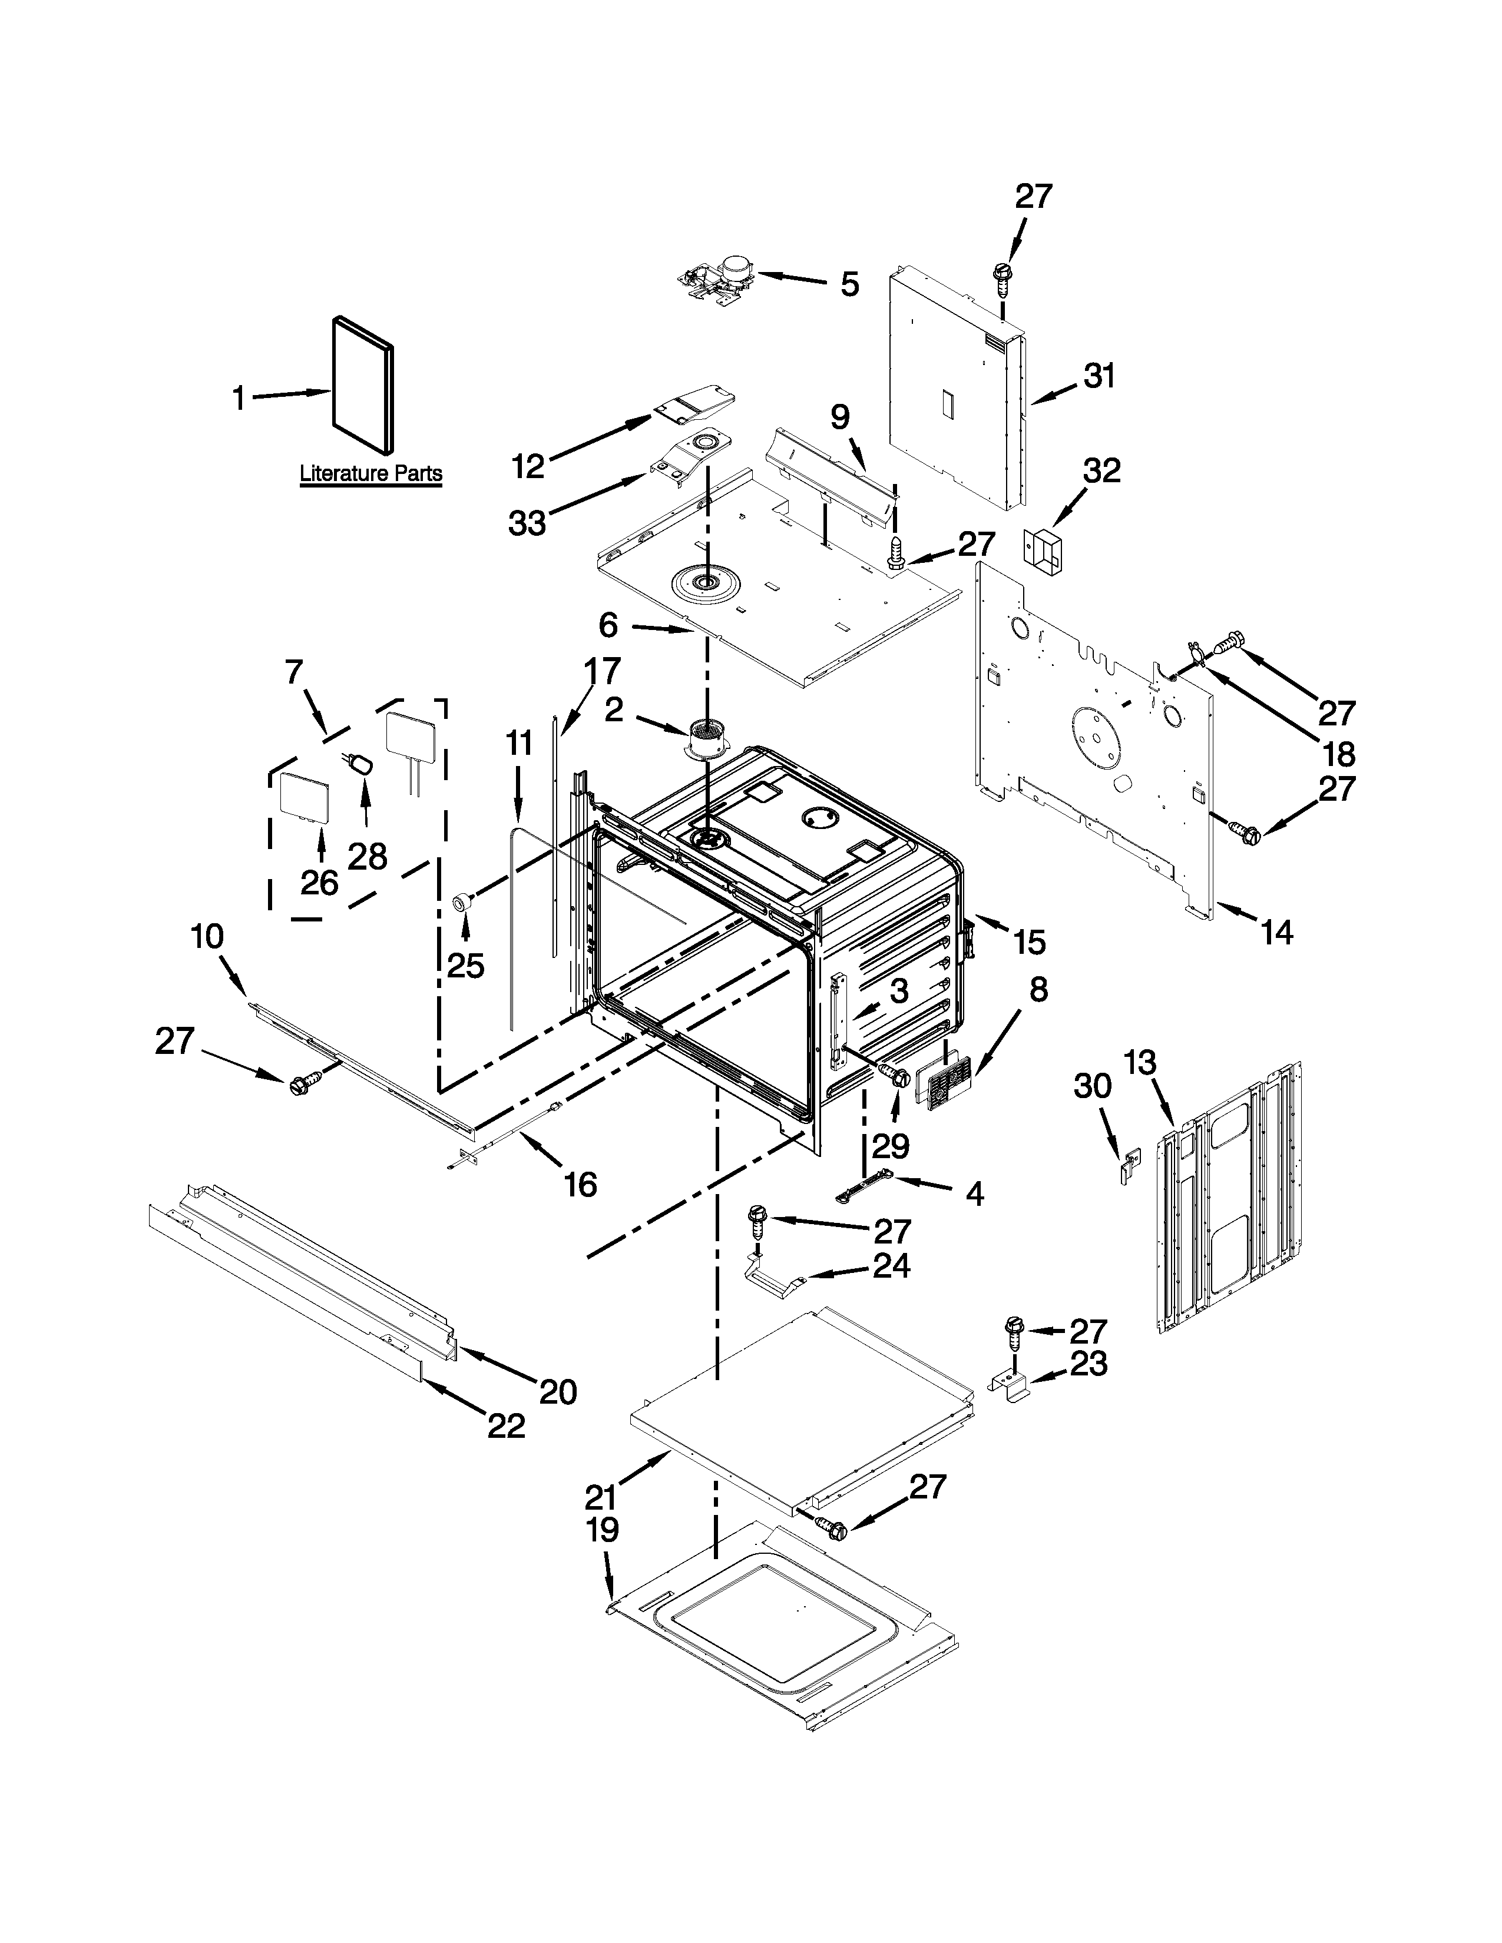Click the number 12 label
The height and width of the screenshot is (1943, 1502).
[x=528, y=466]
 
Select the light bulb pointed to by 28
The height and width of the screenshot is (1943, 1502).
[x=360, y=765]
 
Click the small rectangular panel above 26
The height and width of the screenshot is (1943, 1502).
[x=305, y=795]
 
